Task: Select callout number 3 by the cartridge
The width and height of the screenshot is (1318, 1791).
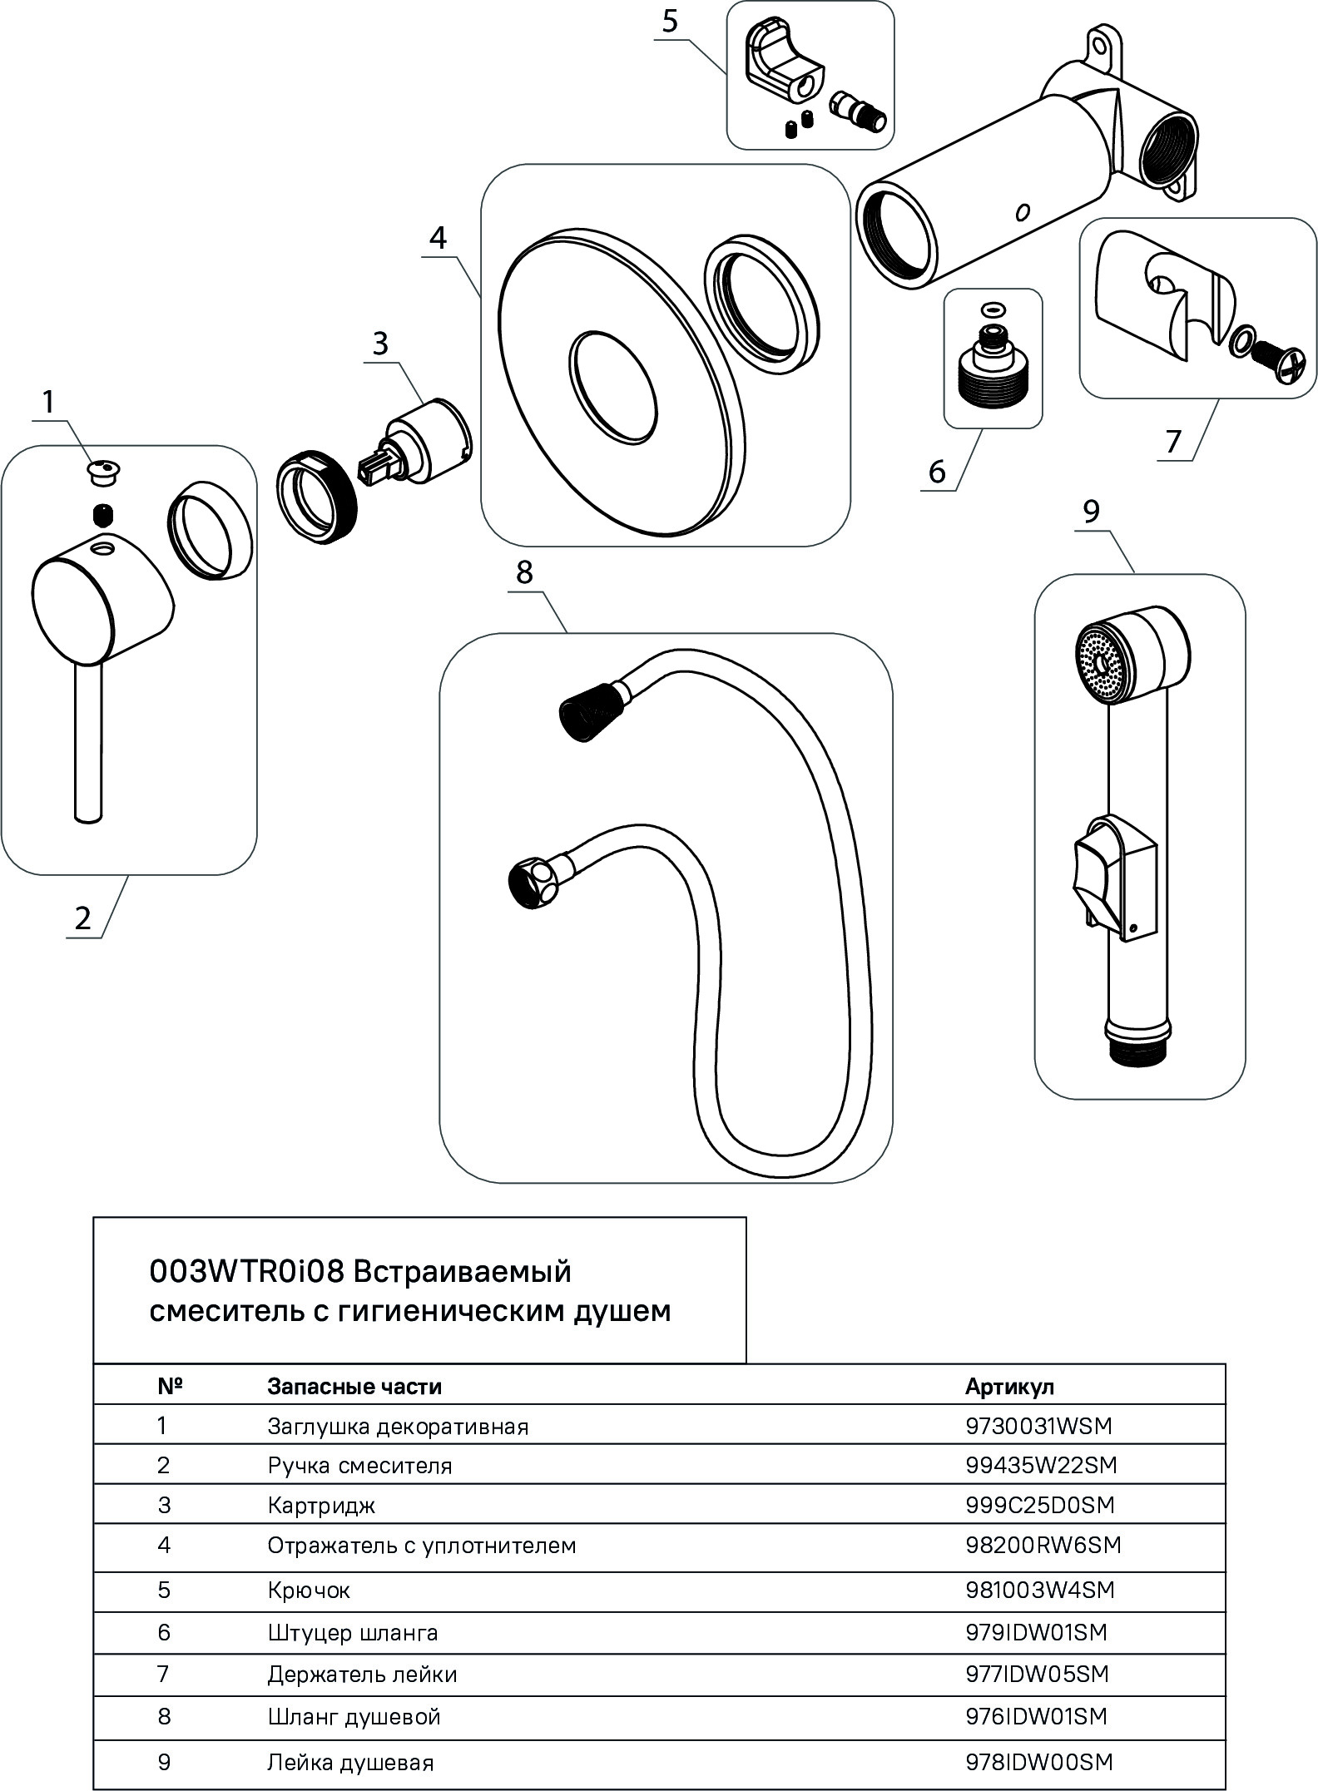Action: pos(380,343)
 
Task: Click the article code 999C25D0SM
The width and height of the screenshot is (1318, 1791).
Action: pos(1039,1505)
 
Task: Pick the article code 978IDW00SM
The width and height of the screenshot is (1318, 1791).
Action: pos(1038,1762)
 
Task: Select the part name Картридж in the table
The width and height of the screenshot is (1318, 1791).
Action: pos(321,1506)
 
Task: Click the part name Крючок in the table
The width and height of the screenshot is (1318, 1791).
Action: pos(309,1591)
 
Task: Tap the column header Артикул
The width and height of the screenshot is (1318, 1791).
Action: pos(1009,1387)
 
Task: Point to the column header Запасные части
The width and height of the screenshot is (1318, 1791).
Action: pos(354,1387)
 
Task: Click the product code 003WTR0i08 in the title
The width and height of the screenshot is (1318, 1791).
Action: pos(247,1272)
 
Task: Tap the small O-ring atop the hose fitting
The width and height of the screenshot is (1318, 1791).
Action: pos(991,309)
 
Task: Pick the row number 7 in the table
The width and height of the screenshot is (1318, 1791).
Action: pos(163,1674)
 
